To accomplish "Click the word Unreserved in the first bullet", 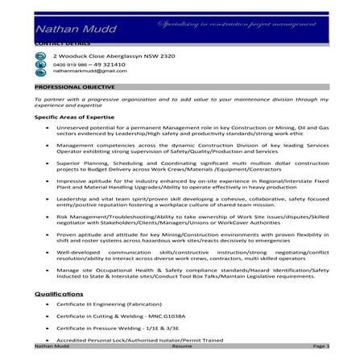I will pos(75,128).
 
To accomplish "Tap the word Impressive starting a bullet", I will pos(73,182).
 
